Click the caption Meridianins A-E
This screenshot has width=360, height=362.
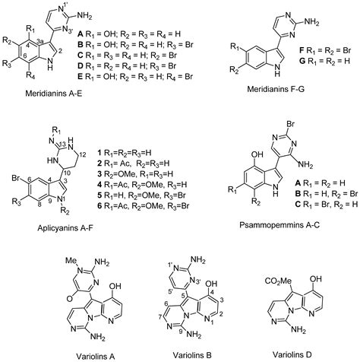pos(54,94)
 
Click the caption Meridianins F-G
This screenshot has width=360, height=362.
pos(275,89)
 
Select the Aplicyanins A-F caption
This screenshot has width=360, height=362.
pos(65,228)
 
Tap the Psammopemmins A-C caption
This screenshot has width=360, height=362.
pos(279,225)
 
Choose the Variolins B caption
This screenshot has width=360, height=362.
pos(192,354)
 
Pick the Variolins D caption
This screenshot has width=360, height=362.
pos(292,354)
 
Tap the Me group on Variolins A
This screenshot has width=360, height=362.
pos(71,260)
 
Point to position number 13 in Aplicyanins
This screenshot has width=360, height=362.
pos(63,144)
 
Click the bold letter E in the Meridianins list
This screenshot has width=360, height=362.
pos(81,77)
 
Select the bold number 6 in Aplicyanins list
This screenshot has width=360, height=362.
pos(99,205)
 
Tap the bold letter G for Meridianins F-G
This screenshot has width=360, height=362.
pos(302,61)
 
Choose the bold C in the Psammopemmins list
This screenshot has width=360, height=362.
pos(298,204)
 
